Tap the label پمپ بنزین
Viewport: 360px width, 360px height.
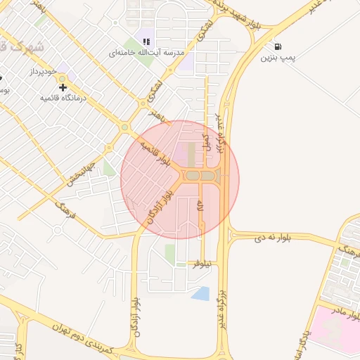tap(276, 57)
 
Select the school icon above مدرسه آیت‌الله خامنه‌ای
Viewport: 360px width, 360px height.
tap(146, 42)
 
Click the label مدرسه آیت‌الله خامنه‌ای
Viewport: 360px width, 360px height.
tap(146, 53)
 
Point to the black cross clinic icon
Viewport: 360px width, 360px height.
tap(64, 87)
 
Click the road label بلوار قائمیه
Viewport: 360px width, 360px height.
tap(155, 153)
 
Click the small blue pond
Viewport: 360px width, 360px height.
tap(201, 292)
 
